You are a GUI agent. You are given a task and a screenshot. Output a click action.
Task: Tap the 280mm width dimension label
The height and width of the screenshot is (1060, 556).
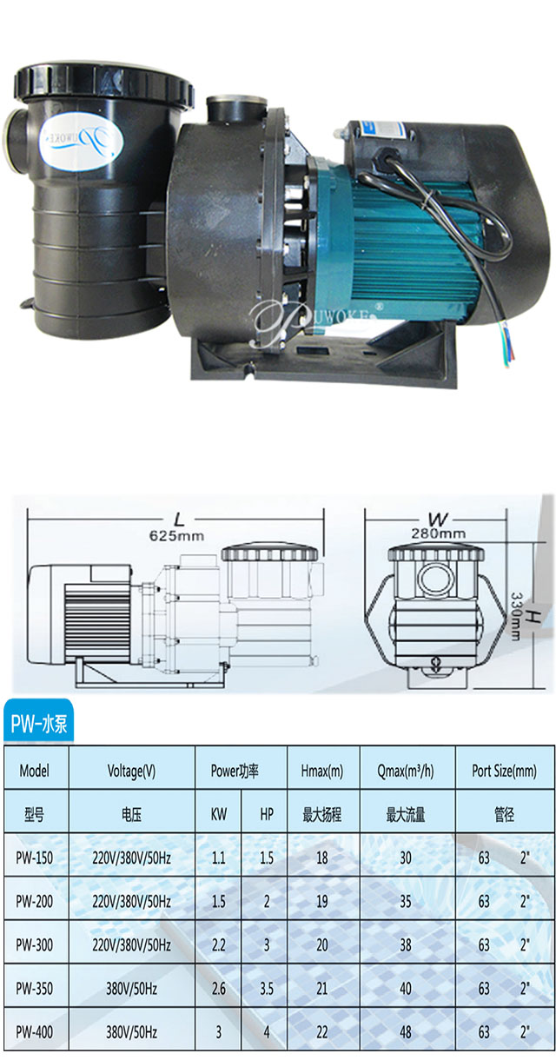(x=440, y=533)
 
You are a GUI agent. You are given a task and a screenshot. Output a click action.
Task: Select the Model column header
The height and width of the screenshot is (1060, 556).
(x=34, y=770)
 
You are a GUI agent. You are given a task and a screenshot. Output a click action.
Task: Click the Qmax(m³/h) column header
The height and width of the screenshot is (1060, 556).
(x=407, y=770)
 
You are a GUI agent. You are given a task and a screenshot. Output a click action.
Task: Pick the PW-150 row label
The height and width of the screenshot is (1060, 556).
(x=36, y=858)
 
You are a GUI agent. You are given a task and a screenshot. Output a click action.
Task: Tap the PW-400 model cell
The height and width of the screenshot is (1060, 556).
(x=36, y=1032)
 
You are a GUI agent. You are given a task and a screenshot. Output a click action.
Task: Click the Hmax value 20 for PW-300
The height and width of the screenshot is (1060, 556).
(x=322, y=944)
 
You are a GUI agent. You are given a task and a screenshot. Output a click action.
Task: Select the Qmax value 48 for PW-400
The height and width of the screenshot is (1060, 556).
(x=407, y=1032)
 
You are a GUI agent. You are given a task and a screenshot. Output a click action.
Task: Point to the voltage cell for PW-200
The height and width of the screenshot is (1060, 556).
(x=131, y=901)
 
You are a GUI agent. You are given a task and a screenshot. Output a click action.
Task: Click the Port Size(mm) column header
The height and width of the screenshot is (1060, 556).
(x=504, y=770)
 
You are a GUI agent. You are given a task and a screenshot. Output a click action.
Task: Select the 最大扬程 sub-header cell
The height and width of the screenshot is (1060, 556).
(x=322, y=815)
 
